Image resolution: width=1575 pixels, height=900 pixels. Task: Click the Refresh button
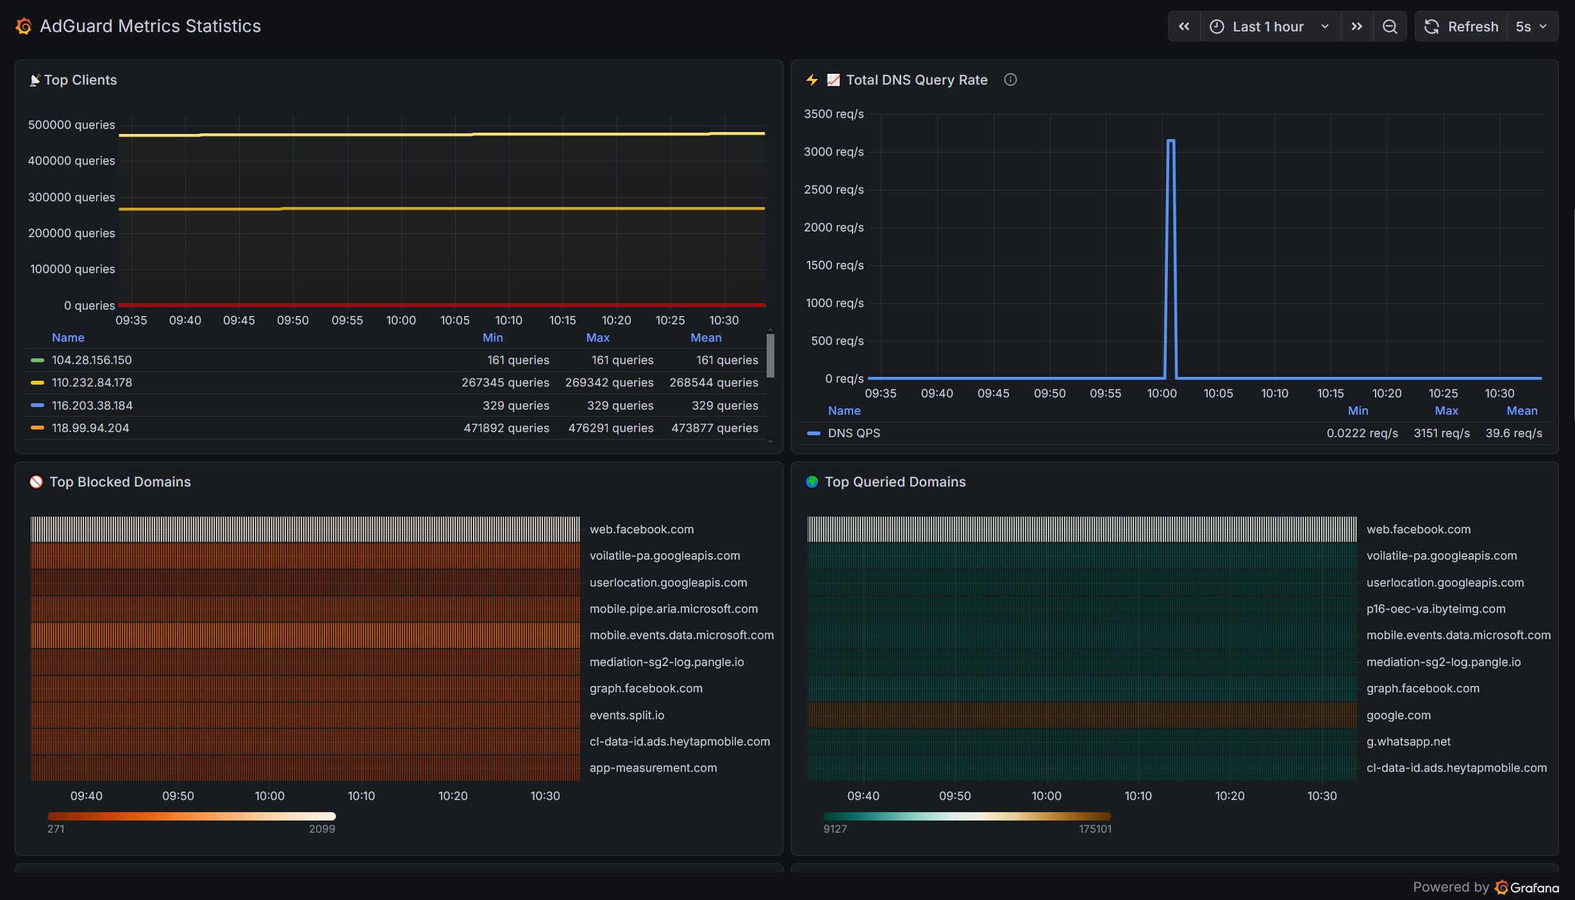(x=1461, y=26)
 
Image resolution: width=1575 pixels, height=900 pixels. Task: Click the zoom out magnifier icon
(x=1390, y=26)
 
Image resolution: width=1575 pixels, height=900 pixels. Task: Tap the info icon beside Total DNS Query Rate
(x=1010, y=79)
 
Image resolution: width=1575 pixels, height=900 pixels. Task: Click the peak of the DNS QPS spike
(x=1171, y=140)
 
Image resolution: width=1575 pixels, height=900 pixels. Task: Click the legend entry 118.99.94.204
(x=90, y=428)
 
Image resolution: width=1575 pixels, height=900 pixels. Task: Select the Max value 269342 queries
(x=609, y=382)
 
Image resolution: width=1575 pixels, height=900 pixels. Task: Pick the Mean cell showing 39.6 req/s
(x=1513, y=433)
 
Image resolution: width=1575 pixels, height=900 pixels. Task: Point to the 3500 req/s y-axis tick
(x=833, y=113)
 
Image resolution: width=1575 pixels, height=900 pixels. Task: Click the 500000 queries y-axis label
(x=71, y=124)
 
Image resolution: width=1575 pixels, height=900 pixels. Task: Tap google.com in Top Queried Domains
(x=1398, y=715)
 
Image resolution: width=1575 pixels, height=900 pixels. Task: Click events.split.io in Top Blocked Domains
(x=627, y=715)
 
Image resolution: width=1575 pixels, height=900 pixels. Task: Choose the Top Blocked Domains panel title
(x=120, y=481)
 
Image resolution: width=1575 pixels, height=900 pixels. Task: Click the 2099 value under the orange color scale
(x=322, y=829)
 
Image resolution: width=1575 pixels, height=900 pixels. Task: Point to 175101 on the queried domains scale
(x=1095, y=829)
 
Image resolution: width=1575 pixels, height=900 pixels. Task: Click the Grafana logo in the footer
(x=1526, y=887)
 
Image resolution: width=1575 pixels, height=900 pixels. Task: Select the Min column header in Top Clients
(x=492, y=337)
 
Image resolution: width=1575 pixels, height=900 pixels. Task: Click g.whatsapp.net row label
(x=1408, y=741)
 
